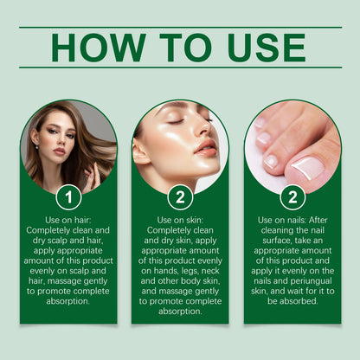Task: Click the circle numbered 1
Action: click(68, 197)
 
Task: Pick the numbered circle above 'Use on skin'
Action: click(180, 197)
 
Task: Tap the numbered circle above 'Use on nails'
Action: click(292, 197)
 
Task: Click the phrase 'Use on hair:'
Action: click(68, 221)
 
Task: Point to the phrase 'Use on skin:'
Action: click(180, 221)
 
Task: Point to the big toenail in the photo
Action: click(306, 164)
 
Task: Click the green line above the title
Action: click(180, 27)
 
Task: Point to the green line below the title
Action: click(180, 67)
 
